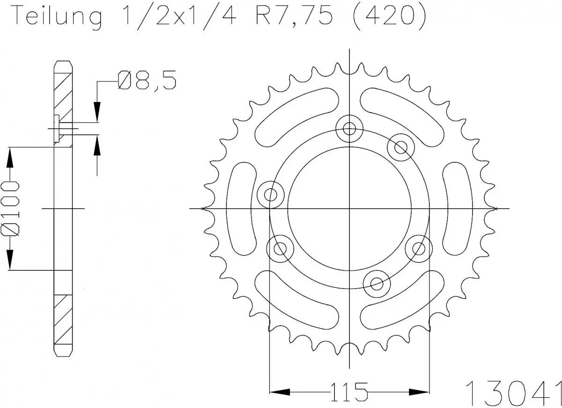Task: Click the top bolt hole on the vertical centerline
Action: (349, 127)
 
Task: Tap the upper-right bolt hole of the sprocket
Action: (401, 147)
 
